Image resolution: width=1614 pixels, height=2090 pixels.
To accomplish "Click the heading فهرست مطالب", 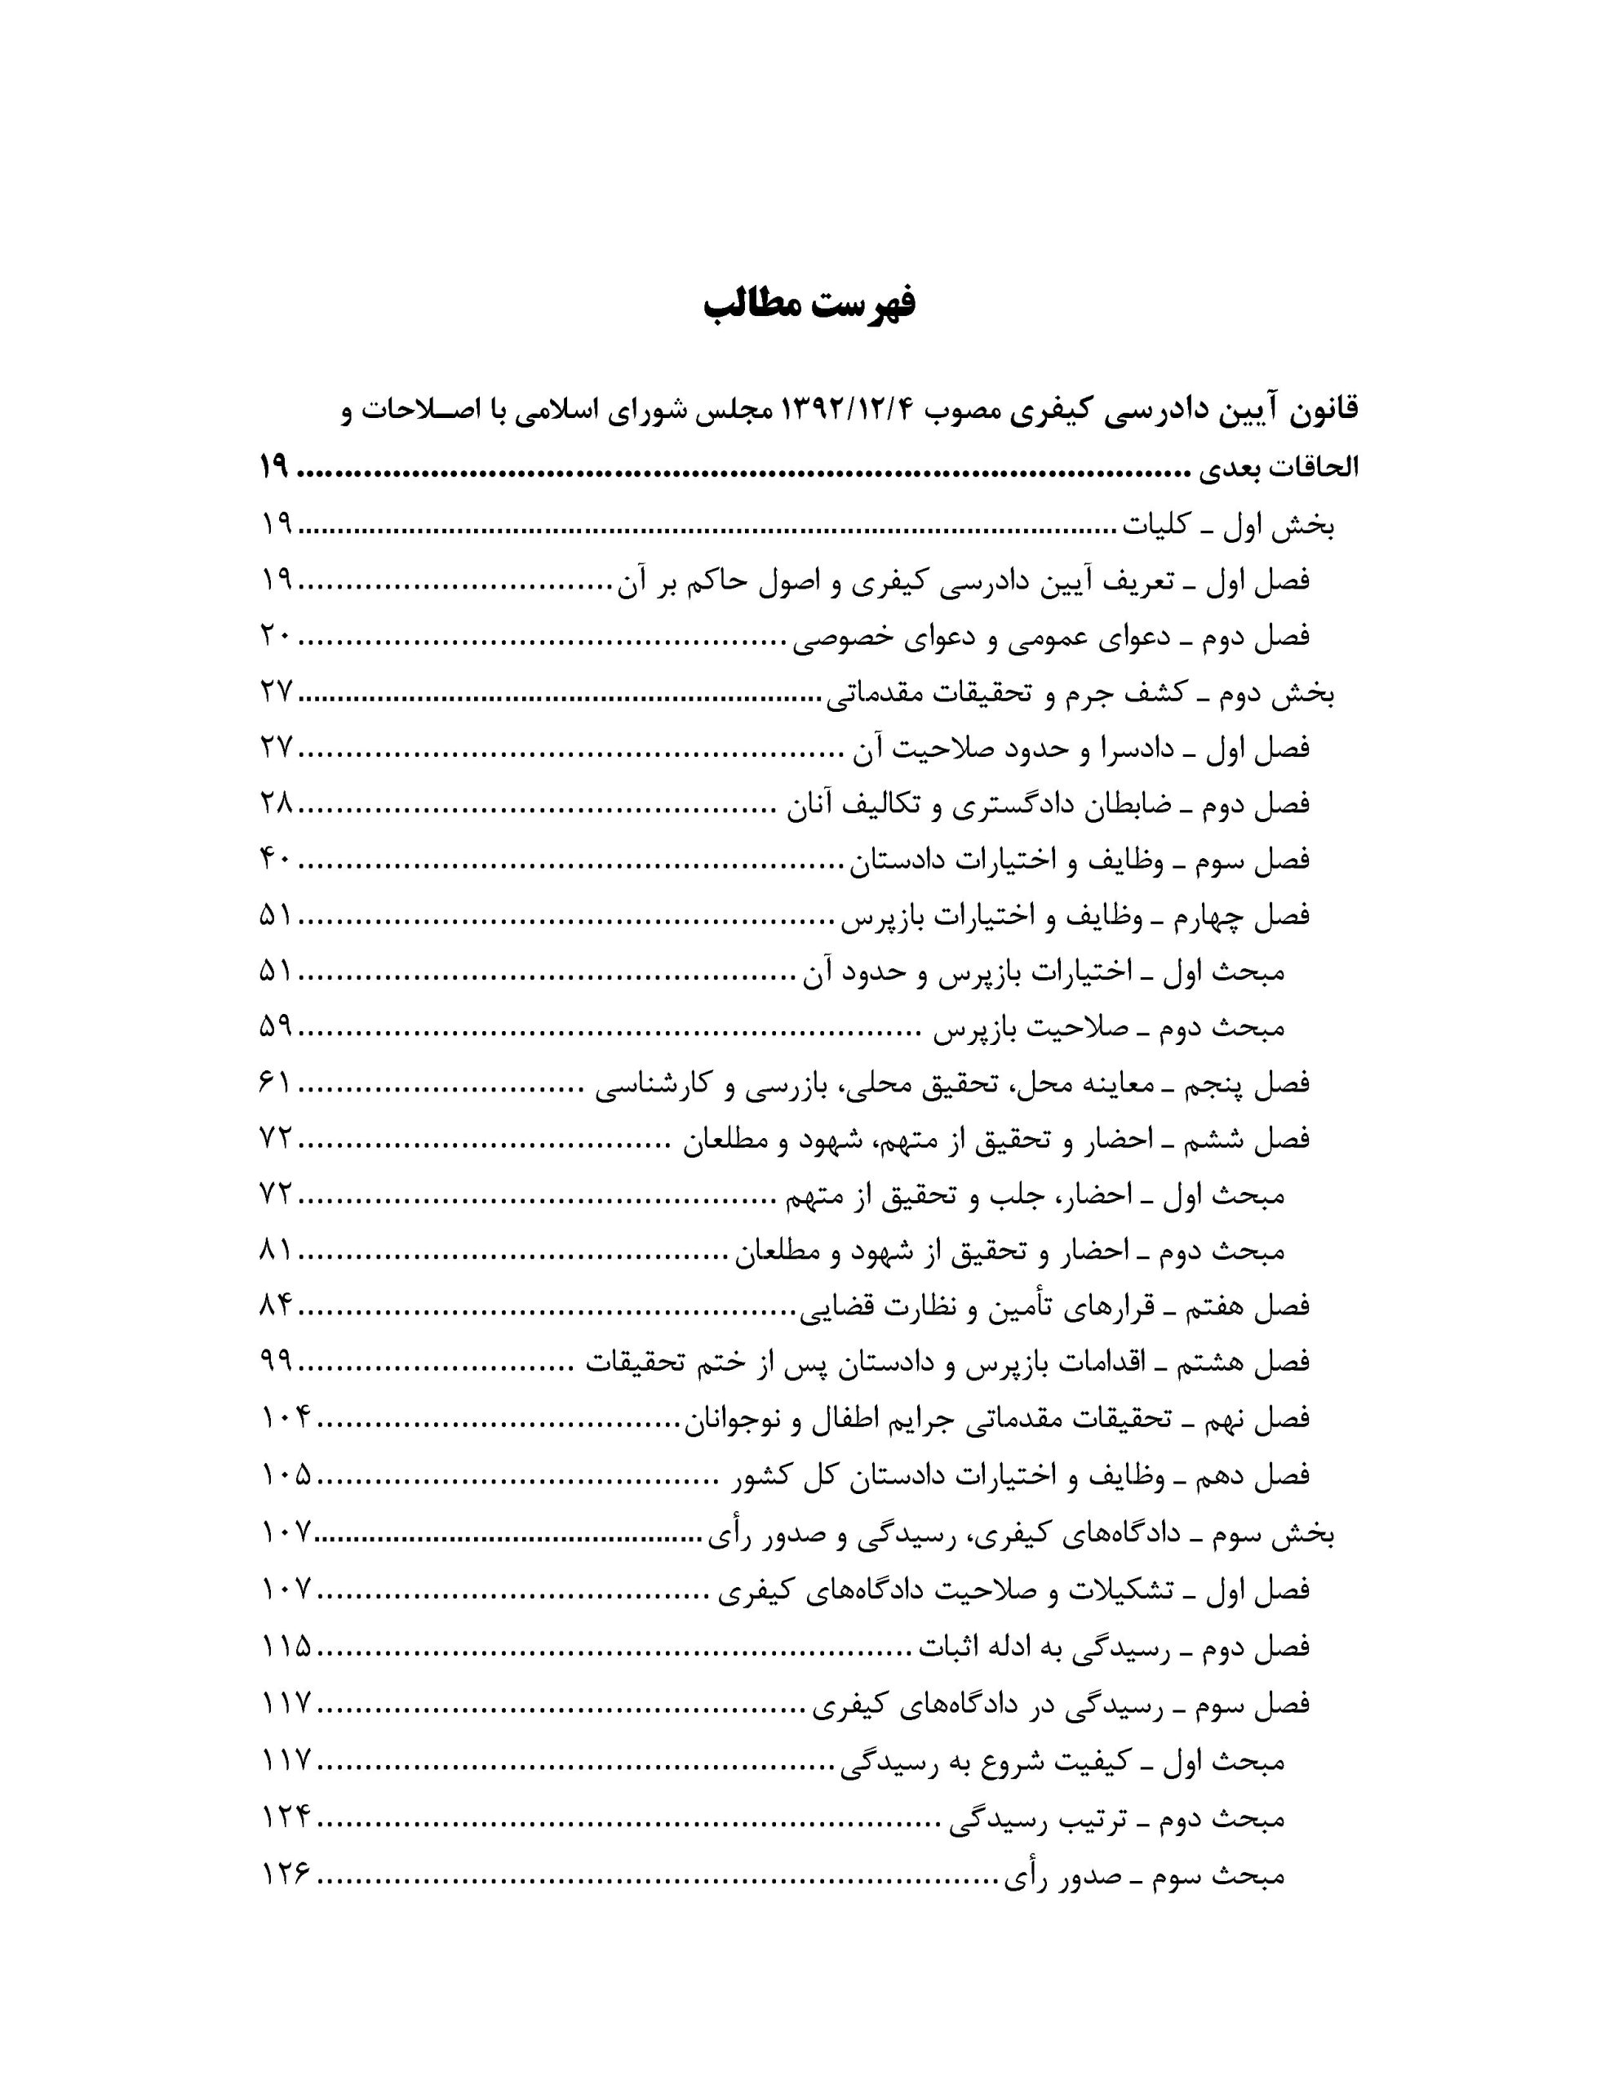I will coord(809,304).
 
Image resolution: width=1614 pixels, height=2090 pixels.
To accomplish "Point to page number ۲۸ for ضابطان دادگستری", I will coord(277,805).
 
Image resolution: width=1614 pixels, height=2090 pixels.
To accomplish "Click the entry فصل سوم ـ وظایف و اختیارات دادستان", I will coord(1080,860).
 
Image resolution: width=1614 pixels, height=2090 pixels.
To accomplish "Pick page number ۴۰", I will coord(277,860).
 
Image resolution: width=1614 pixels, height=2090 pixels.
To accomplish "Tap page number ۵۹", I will coord(277,1029).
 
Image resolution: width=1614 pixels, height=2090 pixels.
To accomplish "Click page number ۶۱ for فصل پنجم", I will coord(277,1084).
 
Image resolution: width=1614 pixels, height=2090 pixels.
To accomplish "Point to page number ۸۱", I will coord(277,1252).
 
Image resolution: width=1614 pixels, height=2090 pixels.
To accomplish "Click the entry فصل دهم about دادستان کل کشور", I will coord(1022,1475).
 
